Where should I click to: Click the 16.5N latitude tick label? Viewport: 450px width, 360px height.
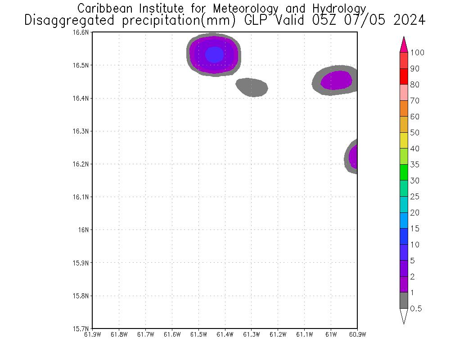point(82,65)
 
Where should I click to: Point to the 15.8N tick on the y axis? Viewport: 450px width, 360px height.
point(82,296)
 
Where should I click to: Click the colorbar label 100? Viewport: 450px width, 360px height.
point(418,53)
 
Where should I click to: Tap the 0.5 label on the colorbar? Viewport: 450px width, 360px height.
point(416,309)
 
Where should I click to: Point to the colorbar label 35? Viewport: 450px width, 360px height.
point(415,165)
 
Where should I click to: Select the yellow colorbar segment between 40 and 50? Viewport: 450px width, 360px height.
point(404,140)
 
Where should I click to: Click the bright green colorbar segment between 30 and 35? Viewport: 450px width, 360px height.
point(404,172)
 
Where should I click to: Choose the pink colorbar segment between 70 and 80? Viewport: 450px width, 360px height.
point(404,92)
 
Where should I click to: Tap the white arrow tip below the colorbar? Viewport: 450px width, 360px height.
point(404,316)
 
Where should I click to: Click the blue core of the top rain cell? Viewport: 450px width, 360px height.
point(214,54)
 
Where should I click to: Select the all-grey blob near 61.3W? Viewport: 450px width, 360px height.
point(252,87)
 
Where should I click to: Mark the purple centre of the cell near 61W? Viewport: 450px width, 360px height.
point(337,80)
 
